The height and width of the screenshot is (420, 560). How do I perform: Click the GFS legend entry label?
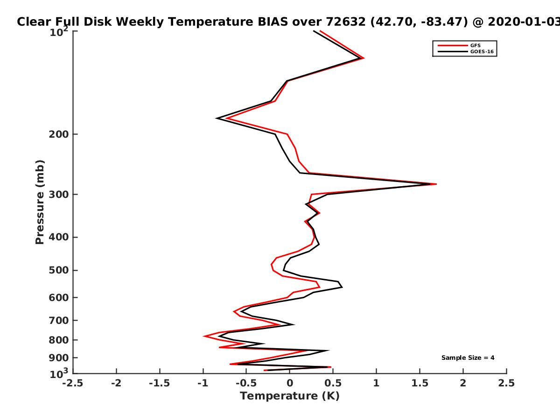[475, 46]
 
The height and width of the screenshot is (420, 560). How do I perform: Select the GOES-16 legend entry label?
[482, 52]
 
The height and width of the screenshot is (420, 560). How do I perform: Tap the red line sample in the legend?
[453, 46]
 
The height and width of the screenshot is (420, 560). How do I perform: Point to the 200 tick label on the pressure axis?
[59, 134]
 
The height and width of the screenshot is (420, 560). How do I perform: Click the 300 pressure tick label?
[59, 195]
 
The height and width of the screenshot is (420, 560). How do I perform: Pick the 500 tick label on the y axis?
[59, 270]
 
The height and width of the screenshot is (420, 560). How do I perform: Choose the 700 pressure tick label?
[59, 321]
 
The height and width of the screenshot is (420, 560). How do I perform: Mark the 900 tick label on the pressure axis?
[59, 358]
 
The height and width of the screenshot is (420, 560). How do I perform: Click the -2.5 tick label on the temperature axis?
[73, 383]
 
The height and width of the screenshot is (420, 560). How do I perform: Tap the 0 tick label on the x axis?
[290, 383]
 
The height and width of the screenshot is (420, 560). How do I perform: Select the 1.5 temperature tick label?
[420, 383]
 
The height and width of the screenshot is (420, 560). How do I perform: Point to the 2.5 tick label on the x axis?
[506, 383]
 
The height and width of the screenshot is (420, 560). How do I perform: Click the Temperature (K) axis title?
[290, 396]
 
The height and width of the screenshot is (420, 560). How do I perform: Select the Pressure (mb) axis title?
[40, 202]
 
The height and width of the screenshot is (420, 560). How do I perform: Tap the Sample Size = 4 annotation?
[468, 358]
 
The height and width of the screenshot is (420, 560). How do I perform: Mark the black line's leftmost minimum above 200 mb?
[217, 119]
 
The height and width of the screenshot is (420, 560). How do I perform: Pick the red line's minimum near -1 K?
[203, 336]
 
